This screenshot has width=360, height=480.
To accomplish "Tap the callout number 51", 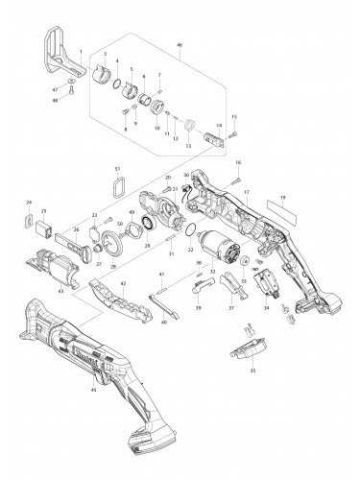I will pyautogui.click(x=118, y=170).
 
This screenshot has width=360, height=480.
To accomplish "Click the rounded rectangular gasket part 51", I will pyautogui.click(x=118, y=185).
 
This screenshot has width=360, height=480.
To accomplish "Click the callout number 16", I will pyautogui.click(x=238, y=163).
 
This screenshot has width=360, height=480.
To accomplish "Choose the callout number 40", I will pyautogui.click(x=164, y=323).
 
